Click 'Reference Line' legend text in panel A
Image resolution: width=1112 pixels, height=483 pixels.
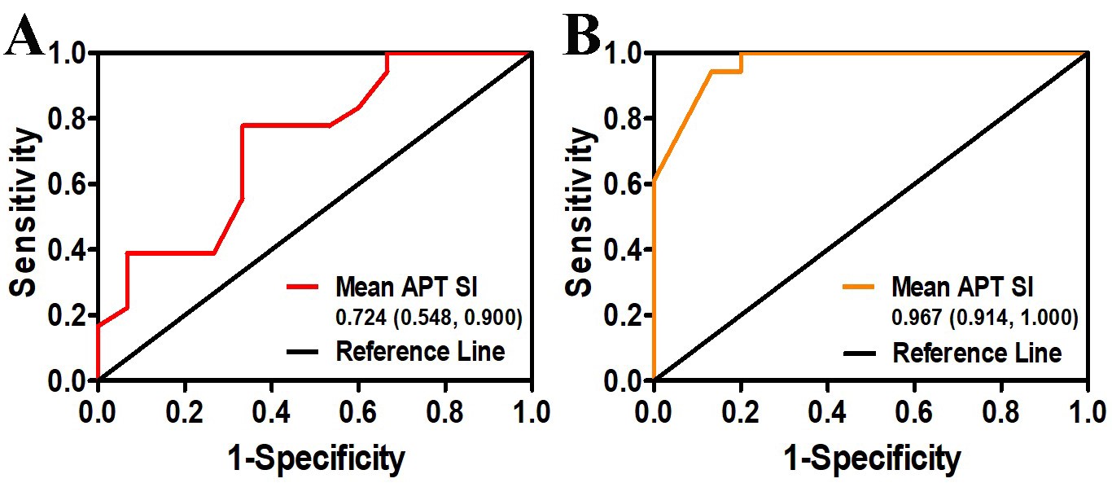coord(420,352)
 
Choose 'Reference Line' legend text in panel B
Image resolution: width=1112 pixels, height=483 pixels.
coord(977,353)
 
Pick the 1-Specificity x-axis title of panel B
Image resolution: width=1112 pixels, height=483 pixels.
coord(871,459)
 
